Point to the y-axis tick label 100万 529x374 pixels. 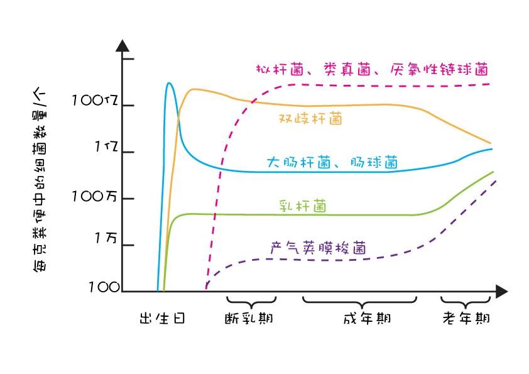tap(95, 196)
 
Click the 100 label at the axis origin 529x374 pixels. tap(104, 287)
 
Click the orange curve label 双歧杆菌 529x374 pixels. tap(310, 118)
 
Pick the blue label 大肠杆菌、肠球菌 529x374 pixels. tap(332, 162)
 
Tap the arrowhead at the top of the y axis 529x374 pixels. tap(123, 46)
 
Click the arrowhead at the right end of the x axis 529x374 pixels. tap(501, 292)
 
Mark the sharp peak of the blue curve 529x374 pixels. tap(168, 83)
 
